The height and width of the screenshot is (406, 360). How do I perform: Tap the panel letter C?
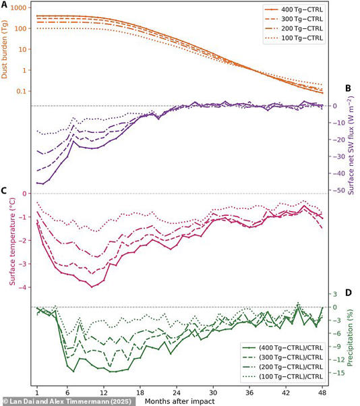pyautogui.click(x=5, y=190)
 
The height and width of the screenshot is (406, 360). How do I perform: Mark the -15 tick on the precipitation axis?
pyautogui.click(x=336, y=372)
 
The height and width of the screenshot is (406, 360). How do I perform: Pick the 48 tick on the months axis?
pyautogui.click(x=322, y=390)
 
